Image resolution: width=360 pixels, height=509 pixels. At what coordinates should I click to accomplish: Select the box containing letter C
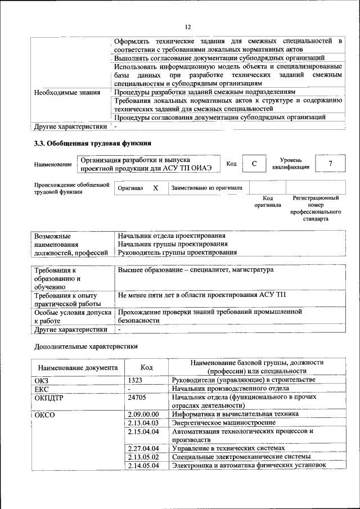coord(254,163)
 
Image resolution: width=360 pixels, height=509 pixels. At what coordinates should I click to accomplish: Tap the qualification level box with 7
coord(330,163)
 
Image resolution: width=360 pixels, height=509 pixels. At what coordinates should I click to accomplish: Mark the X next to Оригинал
coord(156,188)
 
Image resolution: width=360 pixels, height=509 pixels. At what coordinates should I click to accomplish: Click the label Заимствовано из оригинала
coord(206,188)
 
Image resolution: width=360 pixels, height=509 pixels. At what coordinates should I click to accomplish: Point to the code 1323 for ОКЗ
coord(137,380)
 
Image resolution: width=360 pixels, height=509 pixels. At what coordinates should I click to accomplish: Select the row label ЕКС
coord(42,389)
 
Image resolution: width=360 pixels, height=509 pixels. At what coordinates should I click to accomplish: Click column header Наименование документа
coord(78,367)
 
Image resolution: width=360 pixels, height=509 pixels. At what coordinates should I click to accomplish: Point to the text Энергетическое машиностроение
coord(224,422)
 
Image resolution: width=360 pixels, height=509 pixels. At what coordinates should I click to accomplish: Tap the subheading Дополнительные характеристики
coord(86,346)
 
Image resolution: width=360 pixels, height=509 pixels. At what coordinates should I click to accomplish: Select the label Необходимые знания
coord(67,92)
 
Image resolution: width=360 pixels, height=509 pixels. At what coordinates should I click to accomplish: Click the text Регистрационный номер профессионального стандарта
coord(316,208)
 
